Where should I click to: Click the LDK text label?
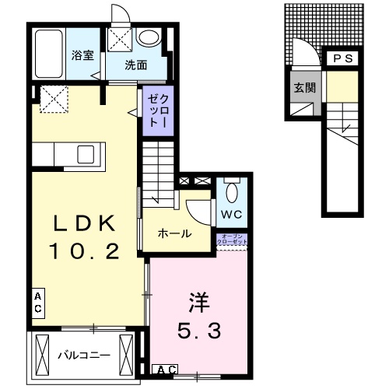[x=85, y=224]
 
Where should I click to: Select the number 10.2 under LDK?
[x=85, y=251]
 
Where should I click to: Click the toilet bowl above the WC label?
[x=232, y=189]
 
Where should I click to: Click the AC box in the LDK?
[x=37, y=303]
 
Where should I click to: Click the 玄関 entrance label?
[x=304, y=87]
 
